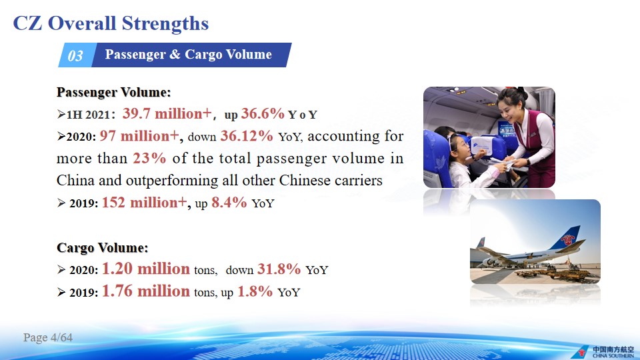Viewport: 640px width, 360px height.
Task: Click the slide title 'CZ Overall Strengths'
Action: pos(111,24)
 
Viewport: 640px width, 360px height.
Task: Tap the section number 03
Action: pos(75,55)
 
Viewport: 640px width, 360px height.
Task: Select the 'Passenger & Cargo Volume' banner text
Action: pos(188,54)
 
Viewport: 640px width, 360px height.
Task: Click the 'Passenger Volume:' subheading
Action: pos(113,92)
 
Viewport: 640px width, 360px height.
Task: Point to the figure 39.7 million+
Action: pos(167,113)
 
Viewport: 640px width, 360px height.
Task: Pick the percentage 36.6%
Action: pos(263,113)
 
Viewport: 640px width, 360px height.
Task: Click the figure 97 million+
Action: pos(139,136)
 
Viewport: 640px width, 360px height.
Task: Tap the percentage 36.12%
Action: pos(247,136)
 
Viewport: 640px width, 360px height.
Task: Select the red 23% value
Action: pos(149,158)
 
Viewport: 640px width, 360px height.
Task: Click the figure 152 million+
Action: pos(145,203)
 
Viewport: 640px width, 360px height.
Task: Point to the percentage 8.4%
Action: pos(229,203)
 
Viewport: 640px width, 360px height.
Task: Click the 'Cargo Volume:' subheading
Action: pos(103,248)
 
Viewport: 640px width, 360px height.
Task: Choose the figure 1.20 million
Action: pos(146,269)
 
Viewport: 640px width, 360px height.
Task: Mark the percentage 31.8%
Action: pos(279,269)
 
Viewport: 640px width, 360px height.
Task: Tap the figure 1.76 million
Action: pos(146,291)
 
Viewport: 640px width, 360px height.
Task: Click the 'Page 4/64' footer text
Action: pos(48,337)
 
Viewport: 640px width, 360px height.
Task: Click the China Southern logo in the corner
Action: pos(603,352)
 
